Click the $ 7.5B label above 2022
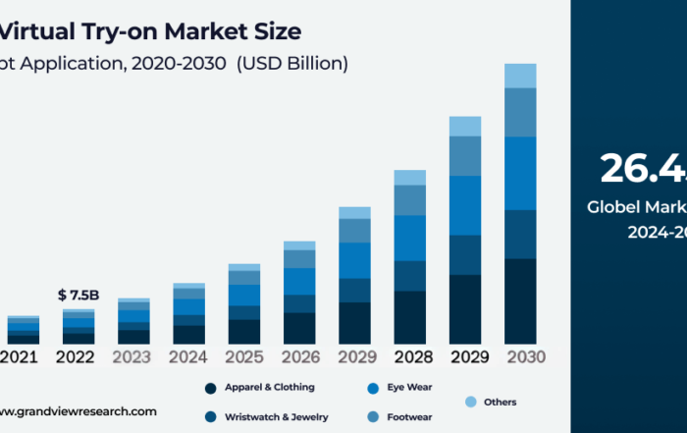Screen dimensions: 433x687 tap(79, 296)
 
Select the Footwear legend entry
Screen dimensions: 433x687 tap(410, 417)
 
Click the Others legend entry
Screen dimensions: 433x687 tap(499, 402)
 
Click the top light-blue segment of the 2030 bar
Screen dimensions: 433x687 tap(520, 76)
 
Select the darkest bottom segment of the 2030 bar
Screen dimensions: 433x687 tap(520, 300)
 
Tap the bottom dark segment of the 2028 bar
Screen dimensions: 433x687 tap(410, 317)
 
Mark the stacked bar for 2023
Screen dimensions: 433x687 tap(133, 321)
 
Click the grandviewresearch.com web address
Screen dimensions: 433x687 tap(78, 411)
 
